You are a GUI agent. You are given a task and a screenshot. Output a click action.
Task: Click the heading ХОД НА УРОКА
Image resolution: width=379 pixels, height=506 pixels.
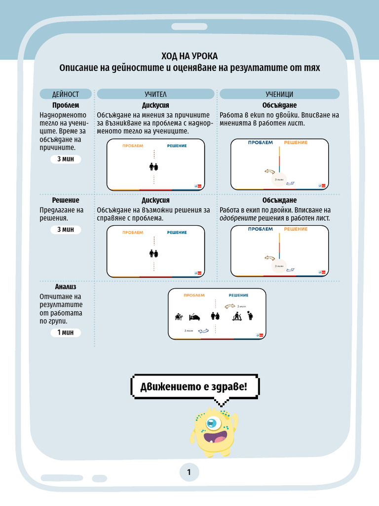(x=189, y=56)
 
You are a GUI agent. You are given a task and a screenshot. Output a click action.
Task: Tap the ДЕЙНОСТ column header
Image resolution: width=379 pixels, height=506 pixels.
(x=66, y=94)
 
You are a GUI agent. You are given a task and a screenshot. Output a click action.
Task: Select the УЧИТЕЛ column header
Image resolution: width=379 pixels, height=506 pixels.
(x=155, y=94)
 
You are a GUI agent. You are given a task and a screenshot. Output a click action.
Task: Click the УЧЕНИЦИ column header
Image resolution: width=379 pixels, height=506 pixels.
(x=279, y=94)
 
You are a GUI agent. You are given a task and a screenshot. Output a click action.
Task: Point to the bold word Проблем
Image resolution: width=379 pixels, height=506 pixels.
(x=66, y=105)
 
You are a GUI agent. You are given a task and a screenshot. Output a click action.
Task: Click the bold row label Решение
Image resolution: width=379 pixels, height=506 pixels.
(x=66, y=200)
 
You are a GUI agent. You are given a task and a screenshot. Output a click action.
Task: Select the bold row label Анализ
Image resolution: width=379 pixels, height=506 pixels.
(x=66, y=287)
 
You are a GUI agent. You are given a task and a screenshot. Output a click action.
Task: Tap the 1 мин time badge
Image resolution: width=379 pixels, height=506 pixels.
(x=66, y=333)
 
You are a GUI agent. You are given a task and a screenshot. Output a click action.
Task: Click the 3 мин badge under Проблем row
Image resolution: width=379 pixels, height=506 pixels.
(x=66, y=159)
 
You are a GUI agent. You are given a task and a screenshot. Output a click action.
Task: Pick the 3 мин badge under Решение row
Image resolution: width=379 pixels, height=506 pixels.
(x=66, y=229)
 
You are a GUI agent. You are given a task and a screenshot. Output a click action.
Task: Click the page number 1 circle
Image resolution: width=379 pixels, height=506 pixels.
(x=189, y=473)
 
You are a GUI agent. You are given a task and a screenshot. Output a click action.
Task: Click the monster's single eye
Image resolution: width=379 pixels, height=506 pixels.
(x=212, y=422)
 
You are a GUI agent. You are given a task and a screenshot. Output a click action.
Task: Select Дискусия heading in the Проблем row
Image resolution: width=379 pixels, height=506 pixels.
(x=155, y=105)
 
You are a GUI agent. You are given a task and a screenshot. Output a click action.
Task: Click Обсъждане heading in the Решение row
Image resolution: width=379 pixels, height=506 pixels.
(x=279, y=200)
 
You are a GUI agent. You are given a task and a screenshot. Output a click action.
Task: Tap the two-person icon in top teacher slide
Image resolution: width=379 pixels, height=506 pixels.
(x=154, y=167)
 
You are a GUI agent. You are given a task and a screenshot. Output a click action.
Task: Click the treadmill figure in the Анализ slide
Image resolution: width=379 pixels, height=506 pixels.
(x=235, y=315)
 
